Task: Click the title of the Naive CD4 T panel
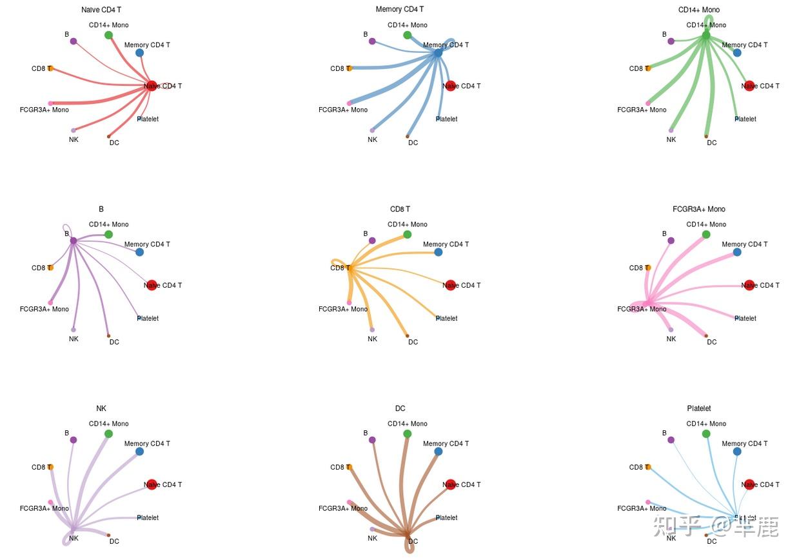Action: (101, 10)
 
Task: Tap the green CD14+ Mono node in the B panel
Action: (108, 235)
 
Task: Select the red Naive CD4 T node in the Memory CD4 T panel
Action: (450, 86)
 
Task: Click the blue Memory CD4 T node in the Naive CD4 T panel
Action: (140, 53)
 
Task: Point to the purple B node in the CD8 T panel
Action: (372, 241)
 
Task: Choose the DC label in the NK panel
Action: (114, 541)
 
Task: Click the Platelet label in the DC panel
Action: (446, 518)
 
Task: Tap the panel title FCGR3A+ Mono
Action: (698, 210)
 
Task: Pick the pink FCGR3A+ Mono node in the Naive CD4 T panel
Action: (50, 103)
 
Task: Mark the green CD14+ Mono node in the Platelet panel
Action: (706, 434)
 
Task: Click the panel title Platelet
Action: (698, 409)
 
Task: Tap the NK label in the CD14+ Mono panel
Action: (671, 140)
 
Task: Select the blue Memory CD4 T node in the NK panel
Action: (140, 452)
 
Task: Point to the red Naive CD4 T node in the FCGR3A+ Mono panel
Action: (749, 285)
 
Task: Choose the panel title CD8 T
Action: (400, 210)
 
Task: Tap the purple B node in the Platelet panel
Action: (671, 440)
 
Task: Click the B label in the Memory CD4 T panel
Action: (365, 34)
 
